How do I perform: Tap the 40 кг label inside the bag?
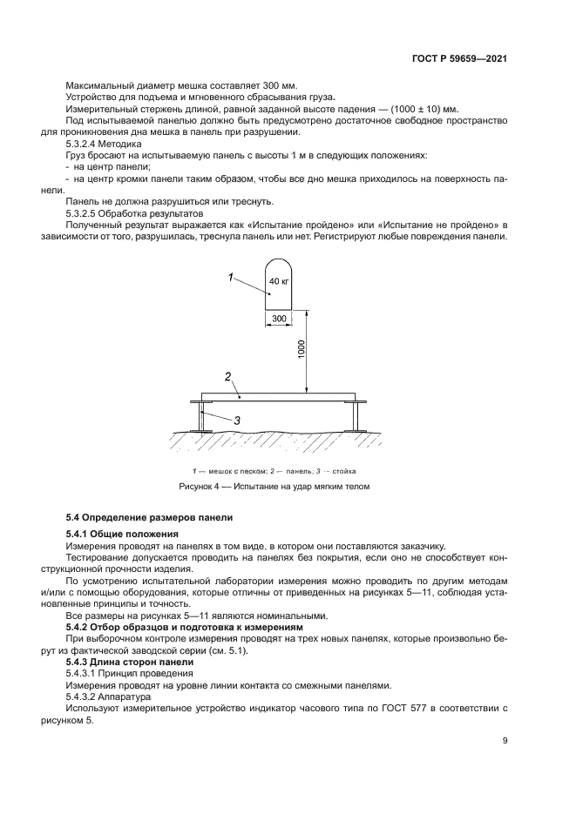279,281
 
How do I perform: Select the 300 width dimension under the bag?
279,320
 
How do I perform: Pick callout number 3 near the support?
235,420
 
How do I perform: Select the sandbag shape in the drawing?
279,283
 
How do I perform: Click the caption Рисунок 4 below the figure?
274,487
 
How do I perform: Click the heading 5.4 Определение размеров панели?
150,517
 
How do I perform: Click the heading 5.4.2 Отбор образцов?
126,627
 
